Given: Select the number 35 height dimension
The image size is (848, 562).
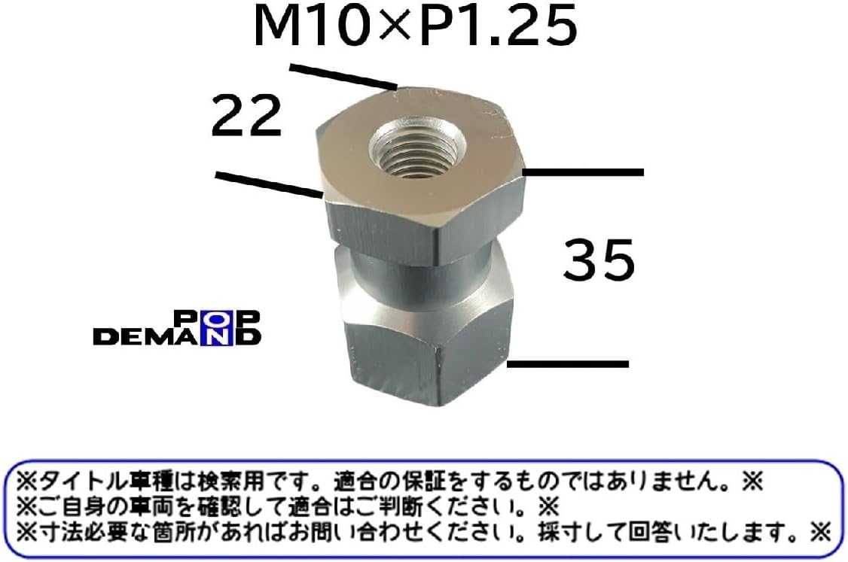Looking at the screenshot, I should click(x=599, y=260).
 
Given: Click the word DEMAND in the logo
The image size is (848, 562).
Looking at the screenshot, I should click(x=176, y=336).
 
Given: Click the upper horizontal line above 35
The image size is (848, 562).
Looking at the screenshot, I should click(x=584, y=172).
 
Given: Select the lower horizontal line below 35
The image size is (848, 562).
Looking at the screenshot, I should click(x=569, y=364).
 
